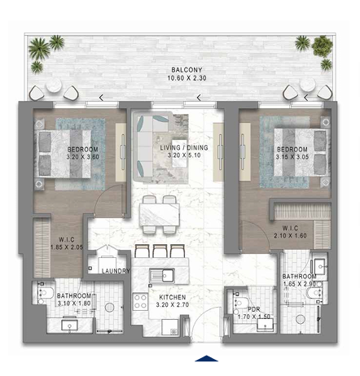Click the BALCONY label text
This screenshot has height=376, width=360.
click(x=187, y=70)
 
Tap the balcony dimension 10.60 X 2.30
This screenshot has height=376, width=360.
click(x=187, y=78)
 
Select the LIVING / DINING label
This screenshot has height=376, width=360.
click(x=184, y=148)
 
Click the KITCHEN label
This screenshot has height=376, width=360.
click(x=173, y=297)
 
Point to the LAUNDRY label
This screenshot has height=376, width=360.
click(x=116, y=271)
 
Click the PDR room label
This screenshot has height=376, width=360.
click(x=254, y=309)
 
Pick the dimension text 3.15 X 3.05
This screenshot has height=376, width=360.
click(x=292, y=157)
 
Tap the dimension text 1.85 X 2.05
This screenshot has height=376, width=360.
click(x=67, y=247)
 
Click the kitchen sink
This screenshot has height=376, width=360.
click(x=162, y=276)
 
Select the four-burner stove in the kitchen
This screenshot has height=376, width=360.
click(x=140, y=302)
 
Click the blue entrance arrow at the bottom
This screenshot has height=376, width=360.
click(x=206, y=358)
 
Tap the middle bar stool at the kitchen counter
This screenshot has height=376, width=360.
click(x=160, y=251)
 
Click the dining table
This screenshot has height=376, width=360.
click(x=160, y=214)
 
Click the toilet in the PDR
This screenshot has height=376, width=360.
click(x=240, y=303)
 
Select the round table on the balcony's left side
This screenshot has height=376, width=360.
click(x=54, y=85)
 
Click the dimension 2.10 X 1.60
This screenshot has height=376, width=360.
click(x=290, y=236)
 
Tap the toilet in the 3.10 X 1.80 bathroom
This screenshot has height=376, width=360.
click(x=46, y=293)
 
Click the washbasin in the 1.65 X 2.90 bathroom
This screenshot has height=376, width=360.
click(x=319, y=266)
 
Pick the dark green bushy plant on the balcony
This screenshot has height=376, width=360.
click(x=322, y=46)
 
